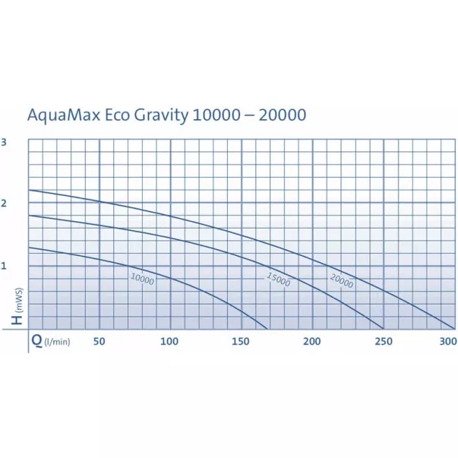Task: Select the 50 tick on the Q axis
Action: (x=99, y=341)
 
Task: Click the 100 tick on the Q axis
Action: (x=169, y=341)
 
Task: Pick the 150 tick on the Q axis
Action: (x=241, y=341)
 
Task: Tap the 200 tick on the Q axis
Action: (x=311, y=341)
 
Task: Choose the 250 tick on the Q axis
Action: (x=384, y=341)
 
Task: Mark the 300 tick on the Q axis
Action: (x=448, y=341)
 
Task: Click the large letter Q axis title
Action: (x=36, y=341)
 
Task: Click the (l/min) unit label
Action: (x=58, y=343)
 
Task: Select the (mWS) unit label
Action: (x=17, y=299)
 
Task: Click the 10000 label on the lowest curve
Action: (x=142, y=279)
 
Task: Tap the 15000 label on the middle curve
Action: (x=278, y=280)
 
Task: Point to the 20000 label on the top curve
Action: (x=342, y=280)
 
